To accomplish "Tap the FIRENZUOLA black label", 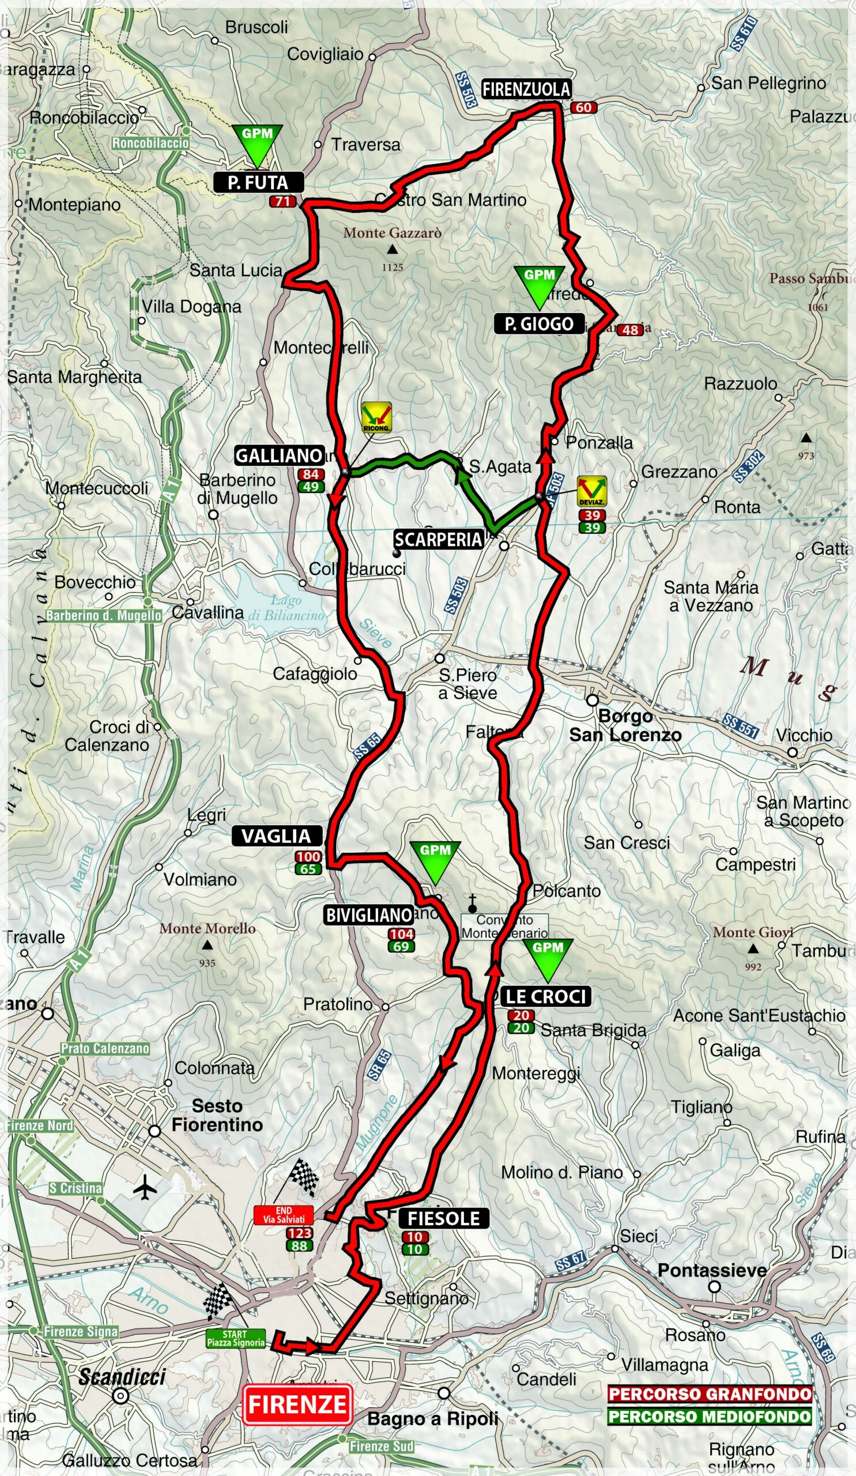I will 526,89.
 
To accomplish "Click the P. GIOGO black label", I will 538,324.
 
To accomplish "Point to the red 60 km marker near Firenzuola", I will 583,107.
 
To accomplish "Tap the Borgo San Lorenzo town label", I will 625,726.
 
